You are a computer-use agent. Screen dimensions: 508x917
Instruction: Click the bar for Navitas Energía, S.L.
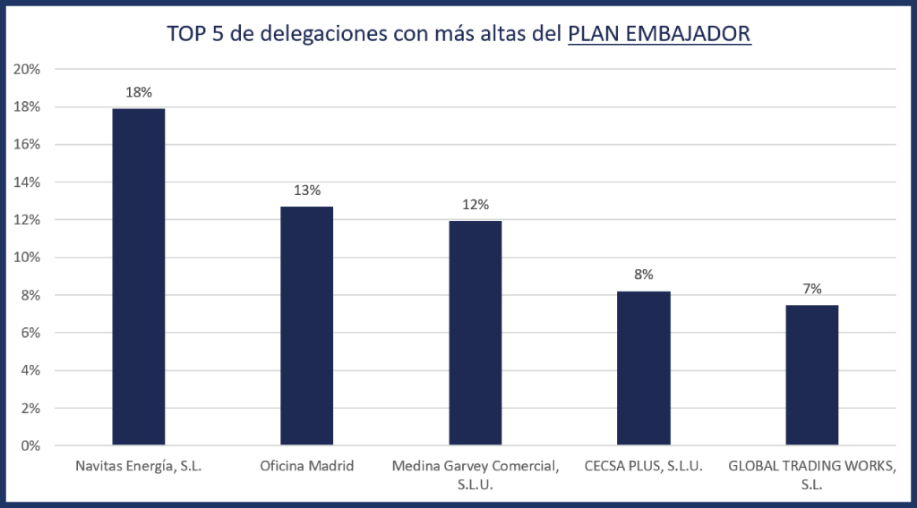(139, 276)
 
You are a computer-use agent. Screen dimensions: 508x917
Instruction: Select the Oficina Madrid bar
(307, 326)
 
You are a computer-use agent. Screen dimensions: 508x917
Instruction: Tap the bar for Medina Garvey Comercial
(476, 333)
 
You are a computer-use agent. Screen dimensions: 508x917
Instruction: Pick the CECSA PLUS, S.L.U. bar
(644, 368)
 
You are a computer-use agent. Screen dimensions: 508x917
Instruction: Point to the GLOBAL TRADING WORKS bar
(812, 375)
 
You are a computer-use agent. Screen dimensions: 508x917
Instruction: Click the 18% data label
(139, 91)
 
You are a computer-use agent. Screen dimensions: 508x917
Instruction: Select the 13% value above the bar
(307, 190)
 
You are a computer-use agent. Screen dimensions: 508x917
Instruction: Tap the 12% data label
(476, 205)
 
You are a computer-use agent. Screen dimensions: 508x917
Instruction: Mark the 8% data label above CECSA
(644, 275)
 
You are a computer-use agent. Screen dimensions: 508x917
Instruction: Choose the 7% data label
(812, 288)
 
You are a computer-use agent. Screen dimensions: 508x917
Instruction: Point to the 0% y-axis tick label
(32, 445)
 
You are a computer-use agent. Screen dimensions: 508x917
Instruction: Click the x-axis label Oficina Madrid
(307, 466)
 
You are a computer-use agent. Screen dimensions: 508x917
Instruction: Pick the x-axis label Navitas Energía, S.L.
(139, 466)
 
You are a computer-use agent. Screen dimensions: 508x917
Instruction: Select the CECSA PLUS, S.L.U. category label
(644, 466)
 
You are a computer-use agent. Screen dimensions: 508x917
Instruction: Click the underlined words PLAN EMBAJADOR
(660, 34)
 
